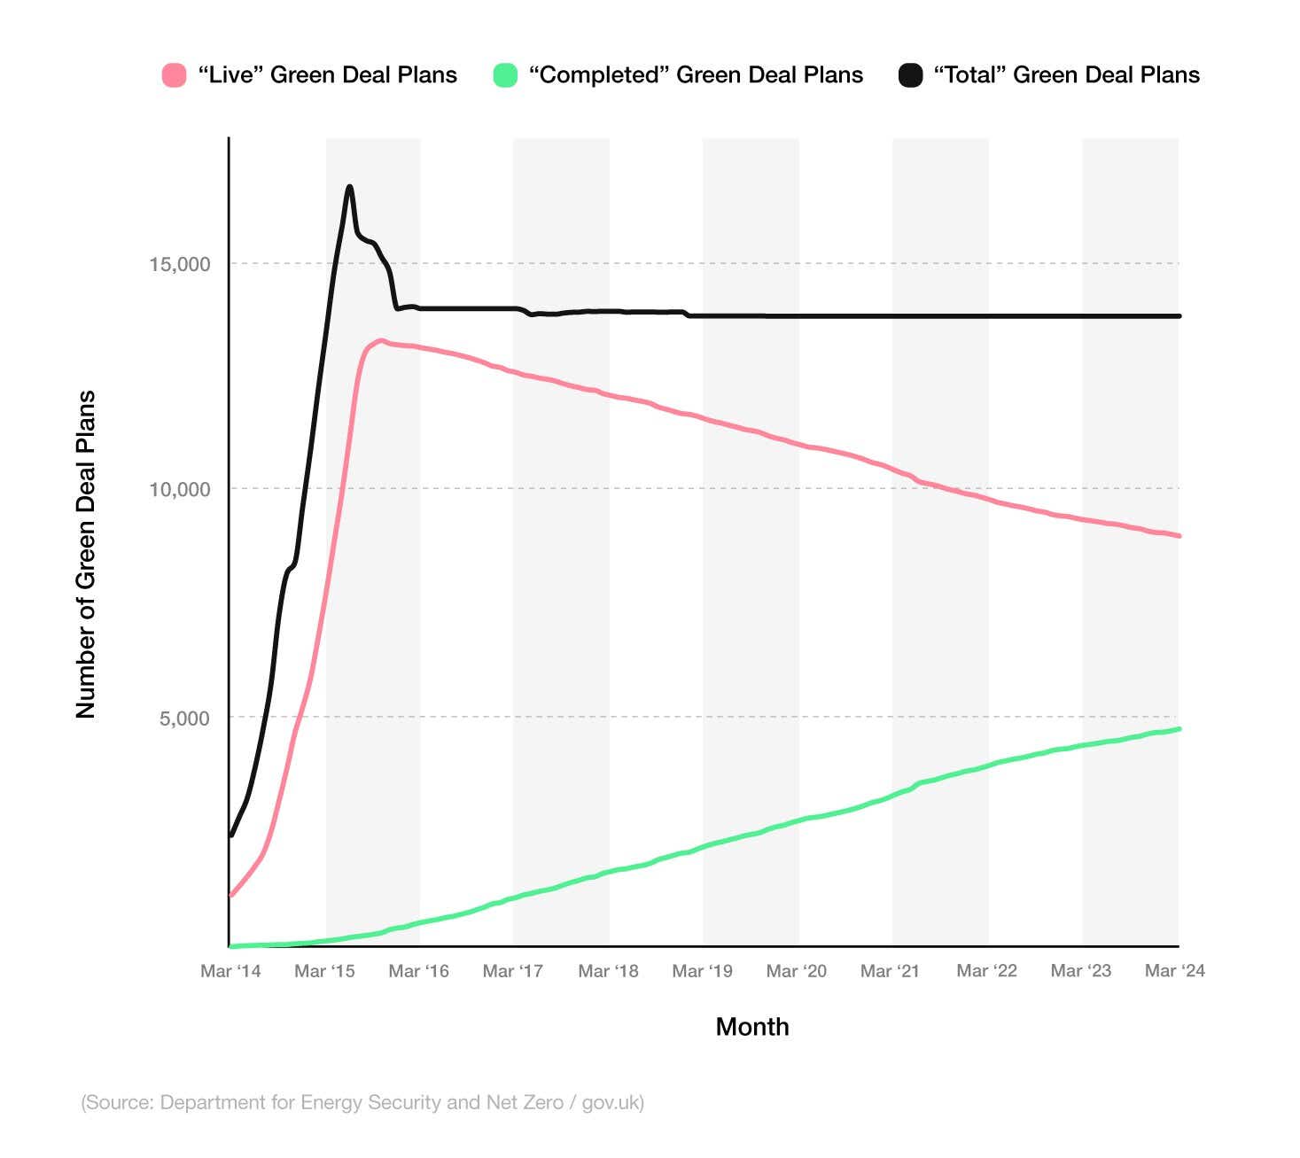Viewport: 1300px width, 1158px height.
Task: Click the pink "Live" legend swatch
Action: (x=175, y=75)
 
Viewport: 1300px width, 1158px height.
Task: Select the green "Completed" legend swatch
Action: (x=505, y=75)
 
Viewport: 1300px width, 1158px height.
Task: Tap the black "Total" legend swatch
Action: (x=910, y=75)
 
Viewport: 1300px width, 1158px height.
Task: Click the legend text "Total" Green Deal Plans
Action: (x=1066, y=75)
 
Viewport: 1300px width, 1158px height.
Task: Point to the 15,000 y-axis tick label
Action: (x=180, y=264)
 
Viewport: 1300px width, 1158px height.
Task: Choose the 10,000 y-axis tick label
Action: (x=180, y=489)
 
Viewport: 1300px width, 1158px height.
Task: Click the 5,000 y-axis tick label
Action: (x=184, y=718)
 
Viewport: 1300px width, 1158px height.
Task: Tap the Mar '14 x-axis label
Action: (x=230, y=971)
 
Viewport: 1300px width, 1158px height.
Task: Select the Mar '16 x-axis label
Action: (x=419, y=971)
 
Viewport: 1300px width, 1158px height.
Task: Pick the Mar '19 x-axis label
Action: (x=703, y=971)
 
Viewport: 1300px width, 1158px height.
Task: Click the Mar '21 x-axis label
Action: (x=891, y=971)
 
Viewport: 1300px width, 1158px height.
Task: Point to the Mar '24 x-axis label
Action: (x=1175, y=971)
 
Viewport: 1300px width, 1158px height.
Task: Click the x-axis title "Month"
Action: (x=752, y=1027)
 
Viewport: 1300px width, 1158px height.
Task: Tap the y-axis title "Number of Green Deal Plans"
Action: (x=85, y=555)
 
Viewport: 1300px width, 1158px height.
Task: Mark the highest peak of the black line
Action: (x=350, y=187)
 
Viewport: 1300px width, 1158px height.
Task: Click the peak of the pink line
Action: (x=381, y=340)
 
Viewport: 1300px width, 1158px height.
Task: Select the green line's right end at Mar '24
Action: (x=1179, y=729)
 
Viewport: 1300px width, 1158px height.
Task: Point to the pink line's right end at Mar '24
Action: (x=1179, y=535)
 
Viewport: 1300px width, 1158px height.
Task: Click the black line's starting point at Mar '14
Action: (x=231, y=835)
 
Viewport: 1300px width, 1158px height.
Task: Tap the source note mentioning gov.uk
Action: (x=362, y=1102)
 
